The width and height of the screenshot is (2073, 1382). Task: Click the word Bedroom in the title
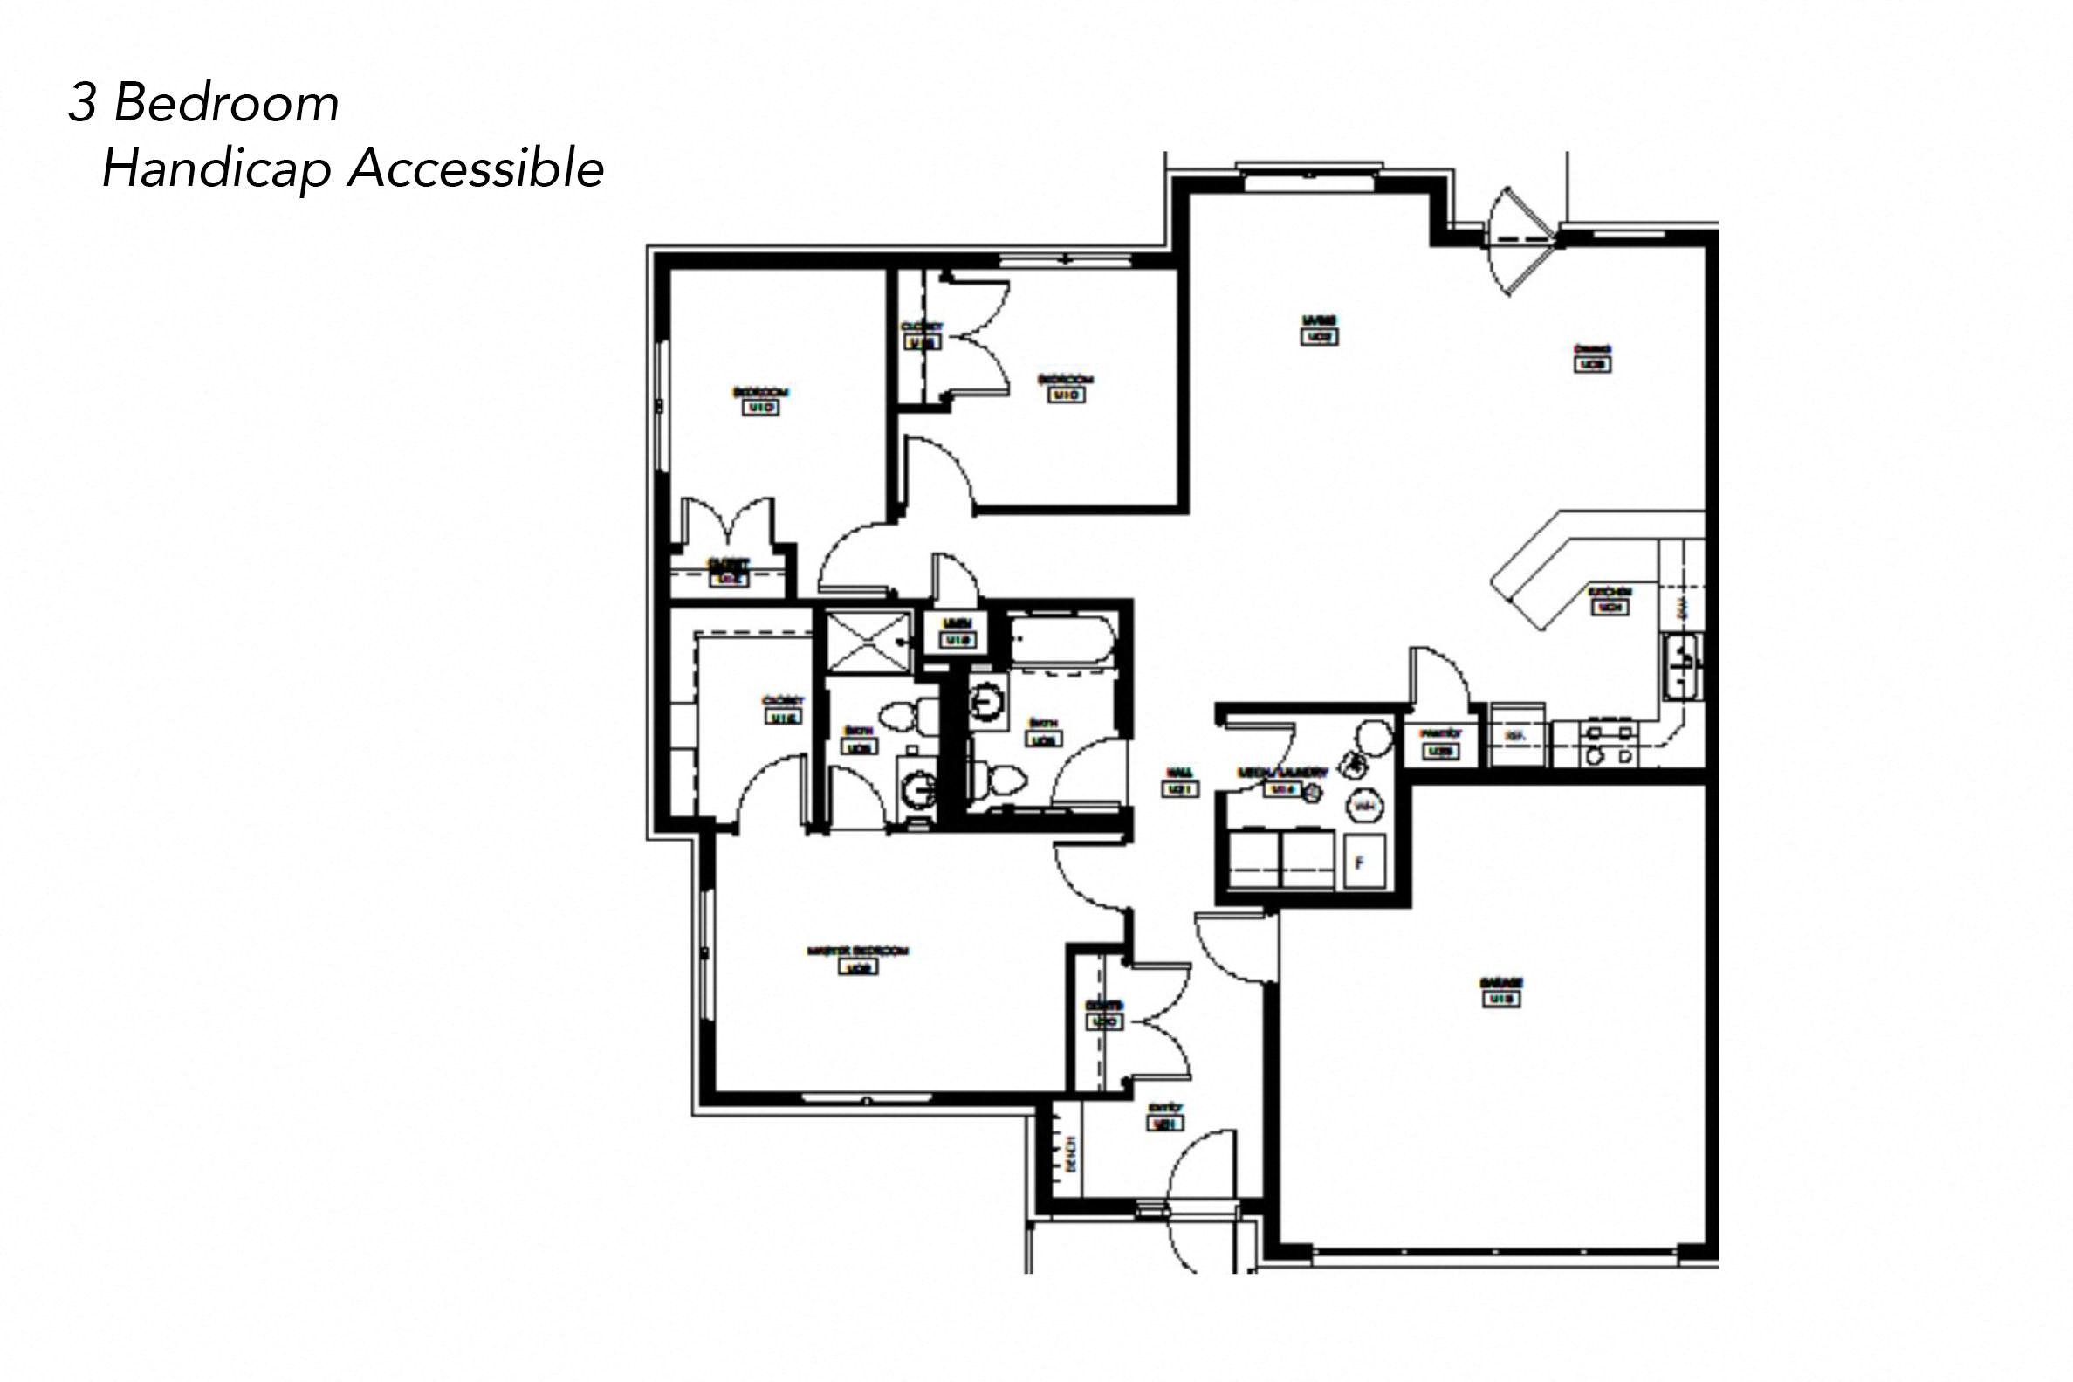(x=226, y=104)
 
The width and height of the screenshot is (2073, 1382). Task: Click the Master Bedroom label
(x=857, y=952)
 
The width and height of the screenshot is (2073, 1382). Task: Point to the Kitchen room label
(x=1610, y=591)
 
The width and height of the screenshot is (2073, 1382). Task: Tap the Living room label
(x=1319, y=320)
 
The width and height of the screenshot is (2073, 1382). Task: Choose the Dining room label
(x=1592, y=349)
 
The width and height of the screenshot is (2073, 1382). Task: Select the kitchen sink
(x=1683, y=667)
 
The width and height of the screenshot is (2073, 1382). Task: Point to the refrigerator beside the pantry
(x=1515, y=734)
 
